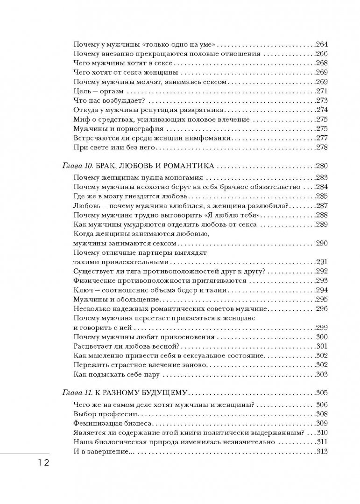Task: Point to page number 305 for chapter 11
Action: (x=322, y=392)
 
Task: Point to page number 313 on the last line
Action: (x=322, y=451)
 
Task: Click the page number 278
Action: (x=322, y=147)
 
